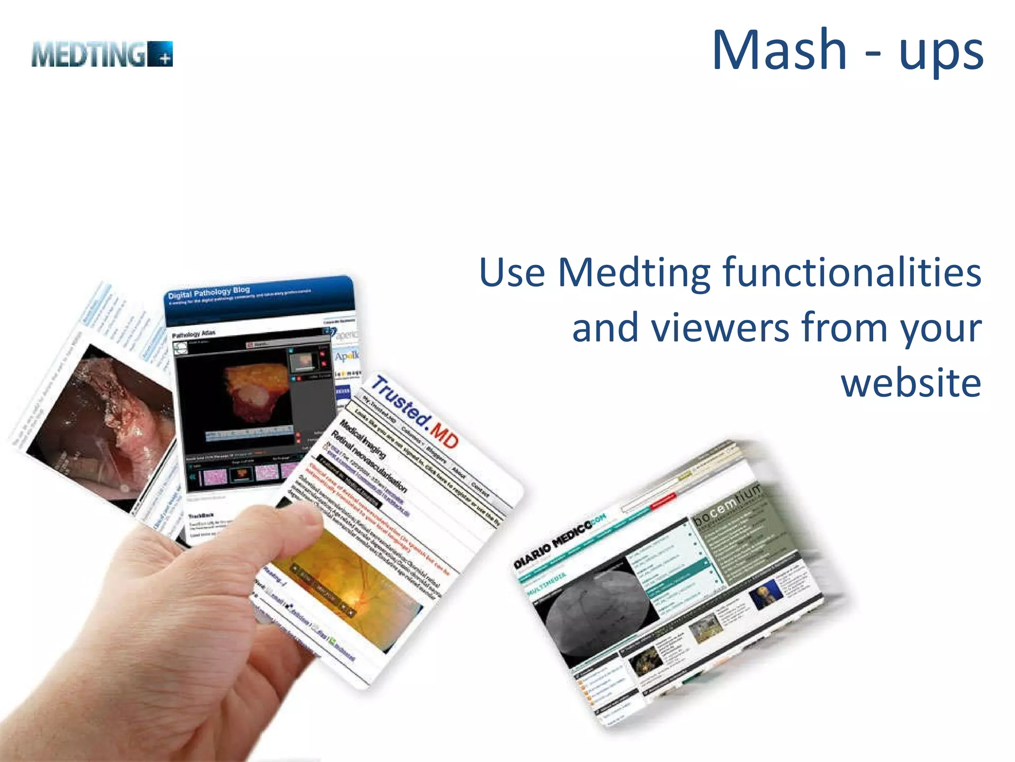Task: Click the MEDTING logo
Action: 102,54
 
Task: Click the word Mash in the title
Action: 779,51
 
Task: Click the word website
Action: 911,383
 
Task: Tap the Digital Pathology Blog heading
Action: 209,293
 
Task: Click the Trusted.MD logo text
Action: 414,412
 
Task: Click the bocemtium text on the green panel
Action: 727,504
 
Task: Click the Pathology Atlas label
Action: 193,334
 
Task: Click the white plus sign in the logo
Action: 167,60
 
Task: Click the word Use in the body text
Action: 512,273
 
